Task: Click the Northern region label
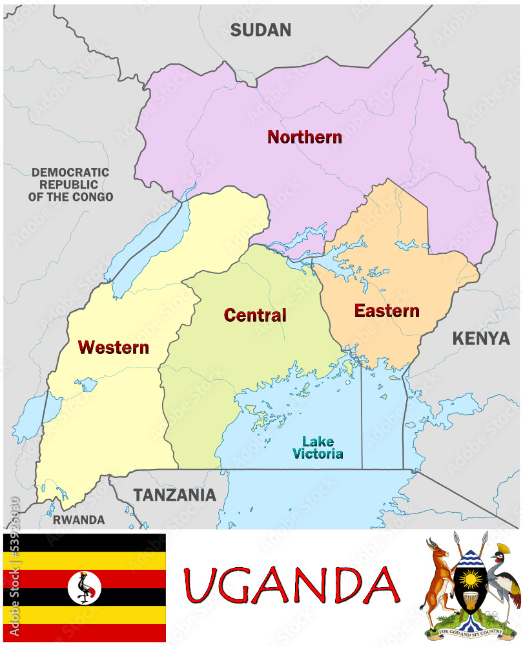pyautogui.click(x=304, y=137)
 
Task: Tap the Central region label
pyautogui.click(x=255, y=315)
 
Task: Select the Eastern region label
pyautogui.click(x=386, y=311)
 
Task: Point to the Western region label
pyautogui.click(x=114, y=347)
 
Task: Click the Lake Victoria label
pyautogui.click(x=318, y=448)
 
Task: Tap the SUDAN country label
pyautogui.click(x=261, y=30)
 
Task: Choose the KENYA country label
pyautogui.click(x=480, y=338)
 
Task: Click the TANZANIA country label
pyautogui.click(x=174, y=495)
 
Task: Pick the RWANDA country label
pyautogui.click(x=79, y=519)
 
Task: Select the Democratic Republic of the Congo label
pyautogui.click(x=70, y=185)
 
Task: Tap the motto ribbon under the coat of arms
pyautogui.click(x=469, y=632)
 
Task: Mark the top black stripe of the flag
pyautogui.click(x=85, y=542)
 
